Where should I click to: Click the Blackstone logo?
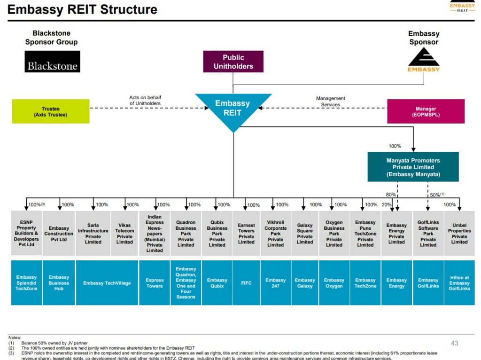point(52,62)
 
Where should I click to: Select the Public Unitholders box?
point(233,62)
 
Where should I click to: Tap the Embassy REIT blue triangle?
point(233,109)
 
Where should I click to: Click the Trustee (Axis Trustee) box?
point(51,111)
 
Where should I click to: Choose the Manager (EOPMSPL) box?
point(426,111)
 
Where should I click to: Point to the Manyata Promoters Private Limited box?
point(413,167)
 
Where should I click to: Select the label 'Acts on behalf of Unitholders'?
point(145,101)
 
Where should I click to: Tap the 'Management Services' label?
point(331,102)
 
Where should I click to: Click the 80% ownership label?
point(391,195)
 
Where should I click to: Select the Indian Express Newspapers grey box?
point(155,234)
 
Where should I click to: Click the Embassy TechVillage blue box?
point(107,283)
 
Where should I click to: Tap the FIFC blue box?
point(246,283)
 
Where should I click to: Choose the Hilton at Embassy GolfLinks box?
point(459,283)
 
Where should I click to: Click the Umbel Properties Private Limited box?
point(459,234)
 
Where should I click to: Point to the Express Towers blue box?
point(155,283)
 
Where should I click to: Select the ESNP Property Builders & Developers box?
point(26,234)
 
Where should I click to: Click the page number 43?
point(454,343)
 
